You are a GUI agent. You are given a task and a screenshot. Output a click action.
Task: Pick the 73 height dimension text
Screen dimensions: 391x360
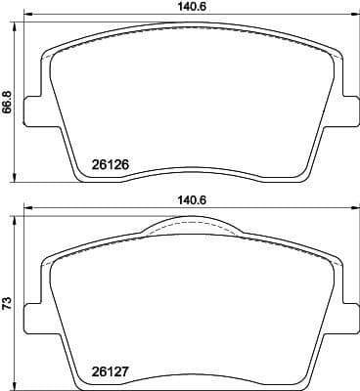coord(8,305)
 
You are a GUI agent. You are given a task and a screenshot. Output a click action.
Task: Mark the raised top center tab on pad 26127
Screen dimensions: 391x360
coord(190,227)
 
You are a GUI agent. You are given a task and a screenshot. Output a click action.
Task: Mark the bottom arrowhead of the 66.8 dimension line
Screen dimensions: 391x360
coord(18,182)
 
